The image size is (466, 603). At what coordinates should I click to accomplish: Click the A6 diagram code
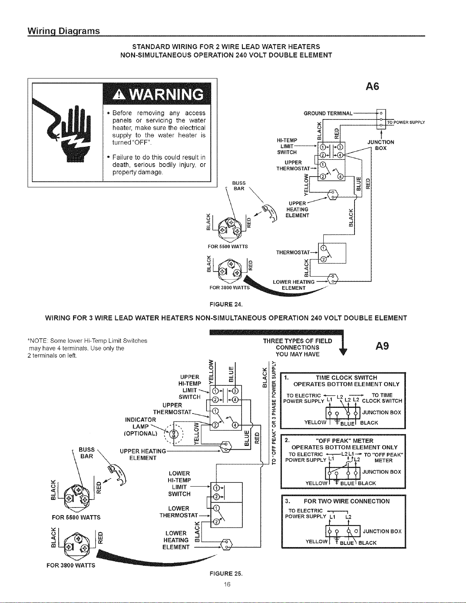point(372,87)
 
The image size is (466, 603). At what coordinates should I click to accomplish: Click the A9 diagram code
point(382,346)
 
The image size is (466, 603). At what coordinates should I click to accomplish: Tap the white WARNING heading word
point(167,94)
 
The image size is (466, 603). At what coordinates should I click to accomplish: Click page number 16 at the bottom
point(227,584)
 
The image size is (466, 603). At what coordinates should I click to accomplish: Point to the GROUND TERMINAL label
point(328,113)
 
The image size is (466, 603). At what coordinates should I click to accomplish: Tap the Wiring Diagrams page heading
point(64,31)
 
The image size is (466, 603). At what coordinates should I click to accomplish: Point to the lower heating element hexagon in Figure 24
point(333,279)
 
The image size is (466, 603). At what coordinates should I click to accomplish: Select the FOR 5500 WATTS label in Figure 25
point(76,517)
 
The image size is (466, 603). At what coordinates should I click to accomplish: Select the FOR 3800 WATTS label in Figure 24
point(230,288)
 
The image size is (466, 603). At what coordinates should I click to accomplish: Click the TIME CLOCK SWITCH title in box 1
point(347,378)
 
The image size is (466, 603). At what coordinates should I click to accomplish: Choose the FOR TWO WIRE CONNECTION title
point(347,501)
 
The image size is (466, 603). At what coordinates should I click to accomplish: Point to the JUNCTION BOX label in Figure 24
point(380,145)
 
